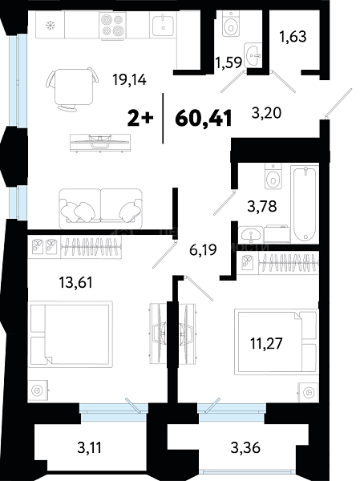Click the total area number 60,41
[x=203, y=119]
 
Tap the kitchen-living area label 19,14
[x=129, y=80]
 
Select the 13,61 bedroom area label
[x=75, y=282]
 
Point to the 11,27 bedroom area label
[x=266, y=343]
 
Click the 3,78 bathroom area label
[x=262, y=206]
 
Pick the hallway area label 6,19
[x=203, y=249]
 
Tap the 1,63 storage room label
[x=293, y=37]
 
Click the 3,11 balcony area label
[x=89, y=448]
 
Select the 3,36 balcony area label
[x=245, y=447]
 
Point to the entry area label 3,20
[x=266, y=113]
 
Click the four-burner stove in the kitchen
[x=112, y=26]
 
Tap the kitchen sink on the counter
[x=163, y=24]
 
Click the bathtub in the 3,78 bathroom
[x=305, y=204]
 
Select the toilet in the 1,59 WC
[x=231, y=25]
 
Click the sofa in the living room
[x=101, y=208]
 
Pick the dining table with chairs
[x=73, y=88]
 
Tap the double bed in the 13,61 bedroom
[x=71, y=334]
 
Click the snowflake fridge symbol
[x=50, y=25]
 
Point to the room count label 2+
[x=140, y=119]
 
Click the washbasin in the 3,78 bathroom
[x=251, y=235]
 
